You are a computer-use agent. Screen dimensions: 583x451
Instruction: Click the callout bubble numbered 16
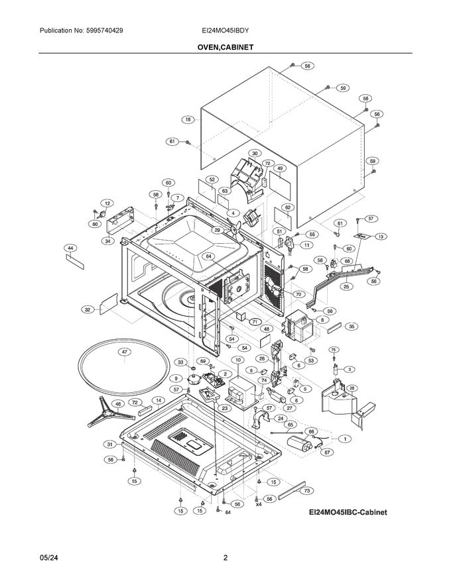coord(188,120)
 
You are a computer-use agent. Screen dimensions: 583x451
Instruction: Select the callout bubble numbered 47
coord(124,352)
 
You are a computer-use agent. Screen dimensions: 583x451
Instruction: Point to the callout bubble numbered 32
coord(87,309)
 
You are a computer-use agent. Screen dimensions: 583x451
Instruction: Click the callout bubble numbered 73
coord(306,491)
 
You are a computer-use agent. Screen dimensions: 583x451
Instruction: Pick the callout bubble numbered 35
coord(352,327)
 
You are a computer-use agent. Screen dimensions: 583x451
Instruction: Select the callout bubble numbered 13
coord(380,237)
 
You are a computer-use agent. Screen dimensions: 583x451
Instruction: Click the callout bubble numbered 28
coord(352,388)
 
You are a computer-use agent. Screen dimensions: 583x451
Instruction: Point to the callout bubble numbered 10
coord(237,360)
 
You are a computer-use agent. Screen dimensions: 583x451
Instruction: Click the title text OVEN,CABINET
coord(225,48)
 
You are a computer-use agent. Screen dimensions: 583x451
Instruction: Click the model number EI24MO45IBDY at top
coord(225,31)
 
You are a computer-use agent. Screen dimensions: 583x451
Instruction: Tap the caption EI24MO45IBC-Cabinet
coord(348,513)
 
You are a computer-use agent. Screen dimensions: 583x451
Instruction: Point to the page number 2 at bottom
coord(225,558)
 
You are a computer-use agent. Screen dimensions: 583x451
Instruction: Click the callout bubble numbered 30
coord(254,153)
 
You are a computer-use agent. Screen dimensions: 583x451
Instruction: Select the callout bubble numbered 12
coord(106,203)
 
